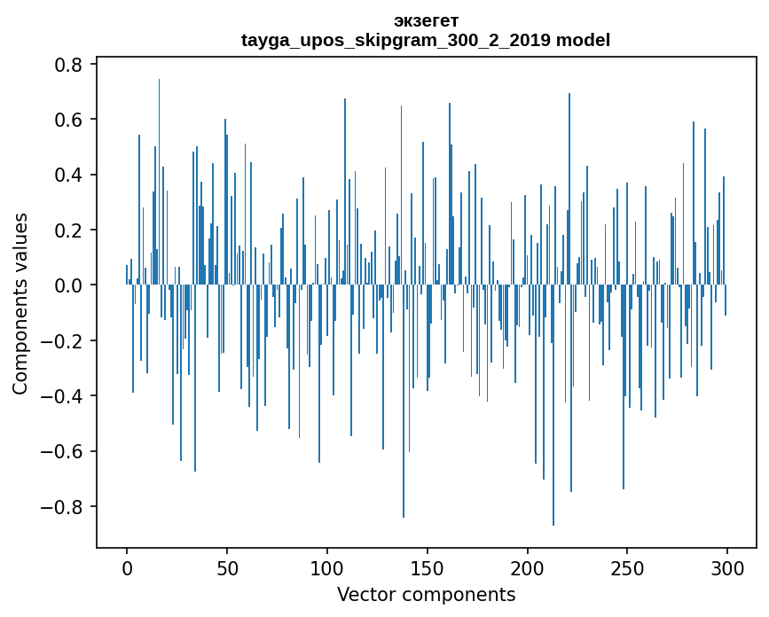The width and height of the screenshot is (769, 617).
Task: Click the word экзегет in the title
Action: [425, 20]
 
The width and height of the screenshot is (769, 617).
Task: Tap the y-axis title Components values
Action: [20, 303]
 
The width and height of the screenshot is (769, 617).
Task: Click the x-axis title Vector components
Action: [426, 594]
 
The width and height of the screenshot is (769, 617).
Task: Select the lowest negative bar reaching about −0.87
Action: [553, 408]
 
